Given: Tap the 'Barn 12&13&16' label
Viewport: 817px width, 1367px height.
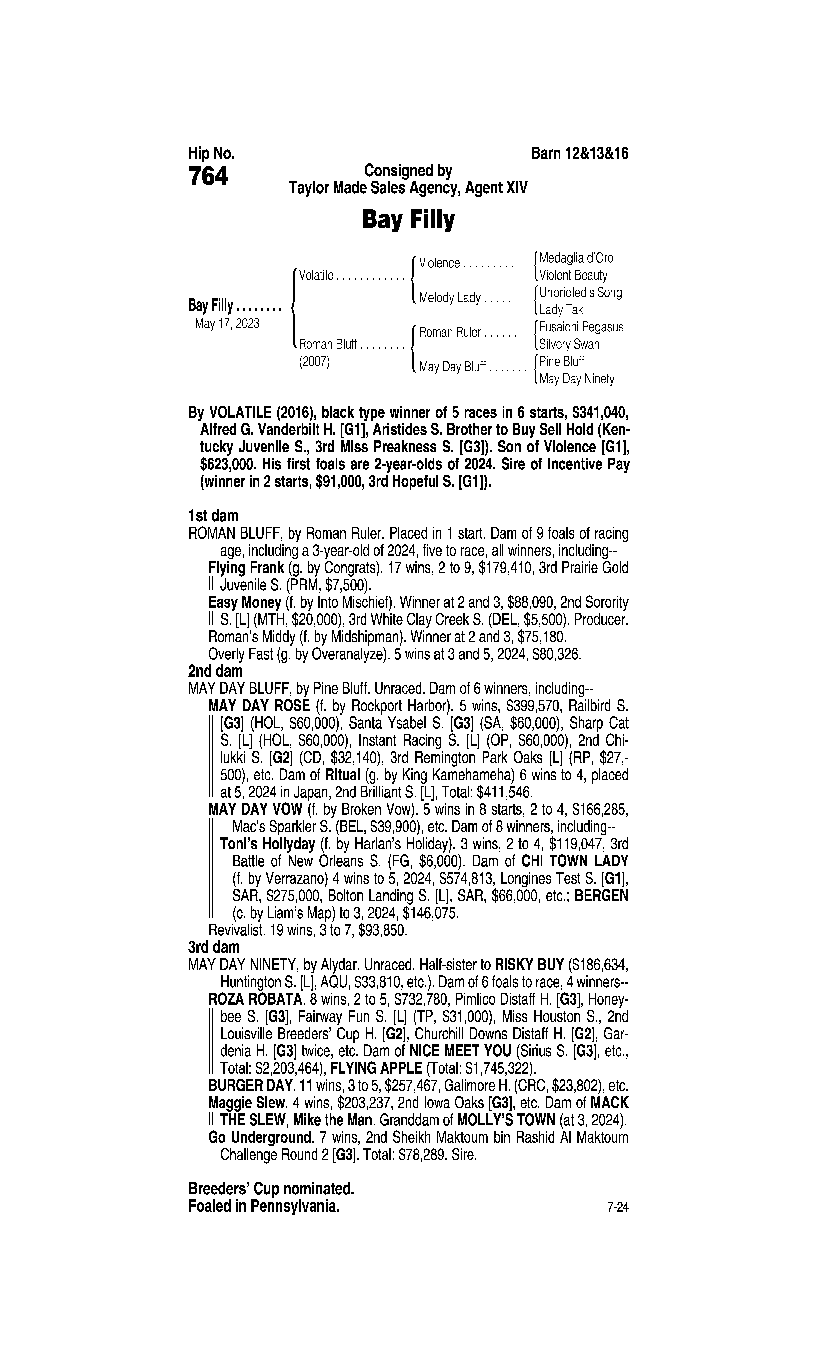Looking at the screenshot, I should pyautogui.click(x=579, y=154).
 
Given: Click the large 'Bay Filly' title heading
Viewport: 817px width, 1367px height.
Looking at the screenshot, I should pyautogui.click(x=408, y=220).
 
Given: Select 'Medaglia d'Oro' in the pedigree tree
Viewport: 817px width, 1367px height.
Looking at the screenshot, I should pyautogui.click(x=576, y=258).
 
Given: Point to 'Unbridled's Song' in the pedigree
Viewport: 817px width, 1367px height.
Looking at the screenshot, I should pyautogui.click(x=580, y=292).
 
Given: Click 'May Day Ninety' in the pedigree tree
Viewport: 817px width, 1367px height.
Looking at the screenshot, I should pyautogui.click(x=576, y=379).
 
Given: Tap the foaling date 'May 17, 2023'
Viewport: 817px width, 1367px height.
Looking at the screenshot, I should pyautogui.click(x=227, y=323).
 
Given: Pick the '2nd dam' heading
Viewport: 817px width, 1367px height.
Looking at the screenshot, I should pyautogui.click(x=215, y=671).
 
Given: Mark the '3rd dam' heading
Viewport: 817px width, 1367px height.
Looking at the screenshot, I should pyautogui.click(x=214, y=947).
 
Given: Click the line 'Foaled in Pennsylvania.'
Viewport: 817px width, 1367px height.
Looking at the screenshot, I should pyautogui.click(x=264, y=1206).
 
